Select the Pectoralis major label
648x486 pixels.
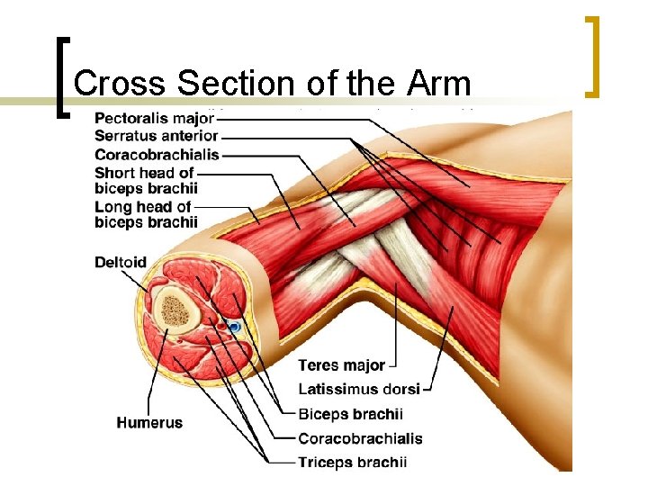coord(154,119)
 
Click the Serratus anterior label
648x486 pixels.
coord(156,136)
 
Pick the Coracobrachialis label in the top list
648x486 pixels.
coord(156,154)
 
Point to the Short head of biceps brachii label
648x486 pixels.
coord(146,180)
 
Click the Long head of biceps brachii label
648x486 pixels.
coord(146,214)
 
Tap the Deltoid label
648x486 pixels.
coord(120,263)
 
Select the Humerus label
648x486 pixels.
coord(148,422)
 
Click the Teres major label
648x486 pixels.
coord(341,365)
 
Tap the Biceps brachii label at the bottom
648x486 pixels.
coord(350,414)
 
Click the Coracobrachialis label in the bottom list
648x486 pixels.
coord(360,438)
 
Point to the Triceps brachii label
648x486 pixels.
coord(353,463)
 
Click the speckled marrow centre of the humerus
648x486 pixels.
coord(177,311)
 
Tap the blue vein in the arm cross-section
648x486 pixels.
coord(234,328)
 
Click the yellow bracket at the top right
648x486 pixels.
coord(592,56)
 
